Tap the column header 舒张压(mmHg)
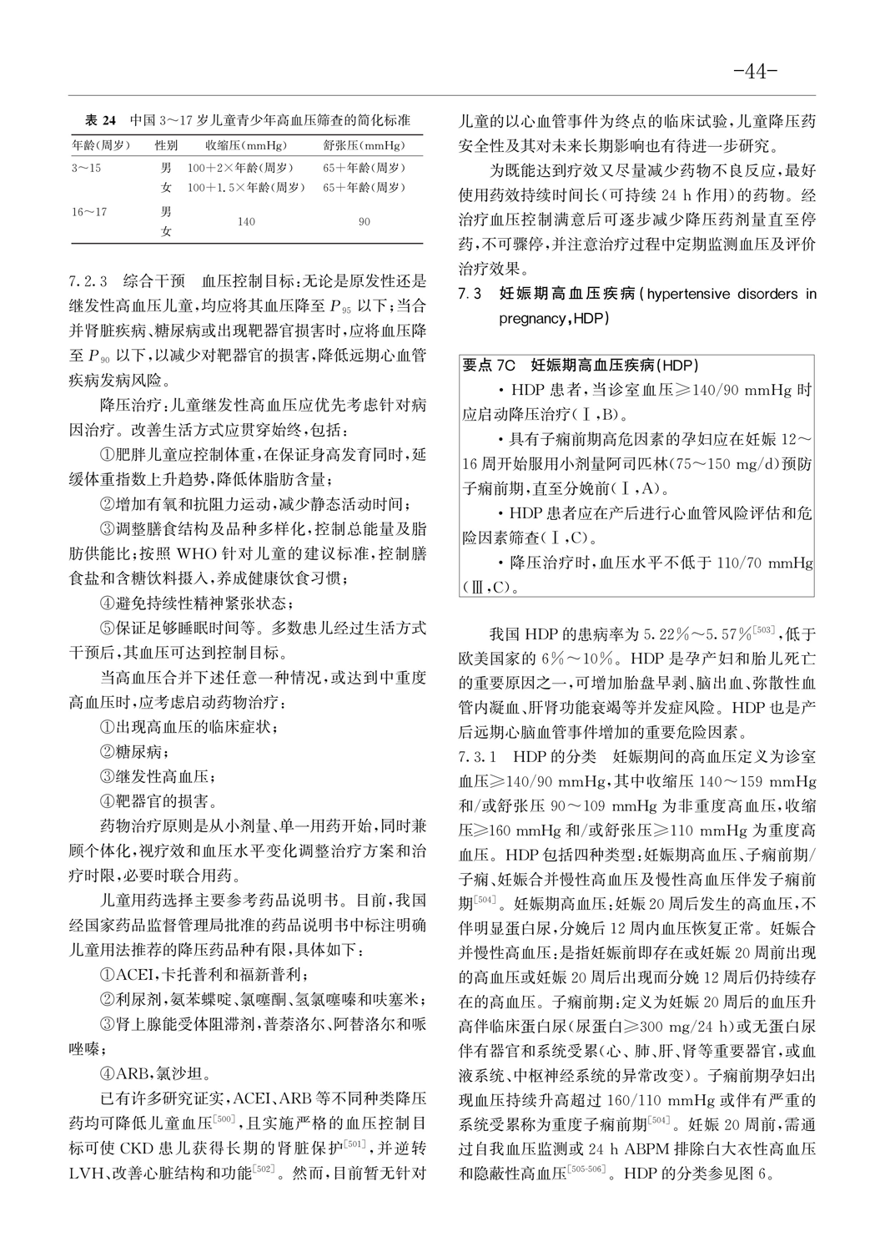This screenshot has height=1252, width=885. [364, 144]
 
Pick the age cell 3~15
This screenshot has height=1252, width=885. [87, 168]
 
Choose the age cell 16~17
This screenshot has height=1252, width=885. [89, 212]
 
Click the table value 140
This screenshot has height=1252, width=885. [245, 222]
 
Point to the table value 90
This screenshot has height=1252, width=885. [365, 222]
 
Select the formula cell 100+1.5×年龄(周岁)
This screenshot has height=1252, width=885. [245, 188]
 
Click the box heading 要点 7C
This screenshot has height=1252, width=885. [490, 366]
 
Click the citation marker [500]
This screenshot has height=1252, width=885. [227, 1118]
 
